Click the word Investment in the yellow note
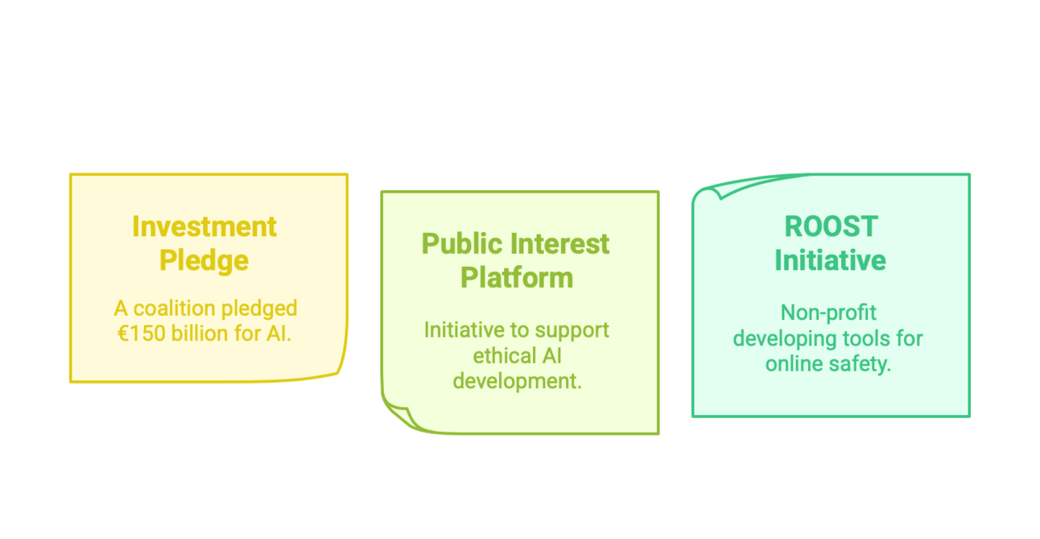tap(204, 226)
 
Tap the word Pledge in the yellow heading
tap(204, 261)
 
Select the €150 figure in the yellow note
tap(141, 334)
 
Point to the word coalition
tap(174, 309)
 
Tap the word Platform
tap(517, 278)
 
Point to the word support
tap(572, 331)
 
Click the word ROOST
tap(831, 226)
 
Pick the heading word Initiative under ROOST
tap(830, 260)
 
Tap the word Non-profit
tap(829, 313)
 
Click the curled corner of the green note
tap(399, 415)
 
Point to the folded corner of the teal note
tap(717, 189)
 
